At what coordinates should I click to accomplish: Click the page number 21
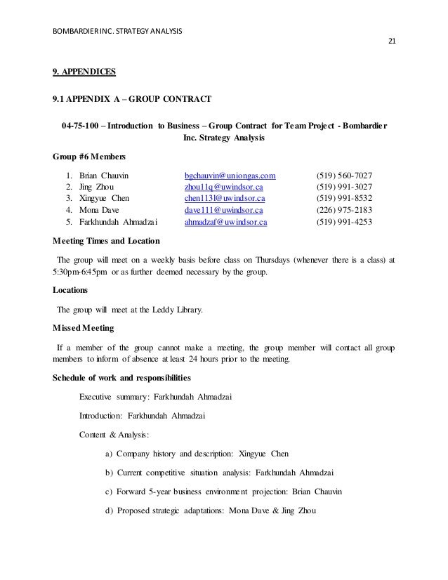pos(393,41)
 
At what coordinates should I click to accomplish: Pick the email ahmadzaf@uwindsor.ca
pos(225,222)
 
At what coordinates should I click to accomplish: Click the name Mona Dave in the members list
pos(99,210)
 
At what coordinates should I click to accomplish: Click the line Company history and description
pos(182,454)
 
